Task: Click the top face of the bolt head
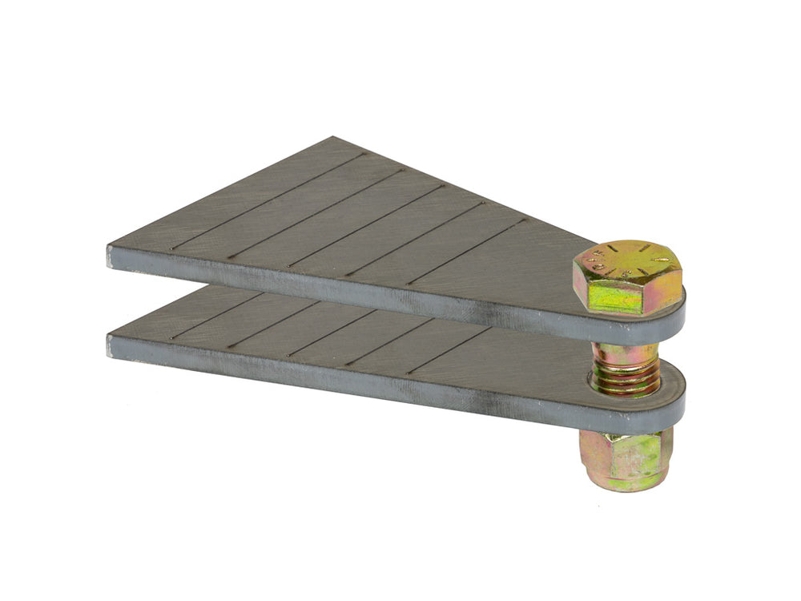[628, 260]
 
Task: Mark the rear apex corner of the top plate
[332, 138]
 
